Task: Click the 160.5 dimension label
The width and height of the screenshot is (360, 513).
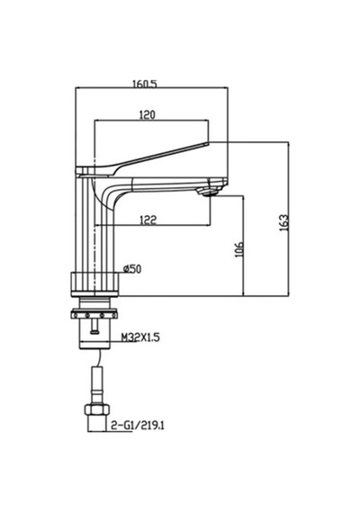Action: click(145, 84)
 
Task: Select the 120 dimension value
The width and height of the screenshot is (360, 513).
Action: click(148, 115)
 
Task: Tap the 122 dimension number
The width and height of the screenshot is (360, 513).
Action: click(148, 220)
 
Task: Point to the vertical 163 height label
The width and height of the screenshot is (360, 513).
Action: click(284, 222)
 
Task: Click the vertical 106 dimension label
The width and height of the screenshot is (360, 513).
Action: click(239, 249)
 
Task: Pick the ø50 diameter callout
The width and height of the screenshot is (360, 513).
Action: click(132, 269)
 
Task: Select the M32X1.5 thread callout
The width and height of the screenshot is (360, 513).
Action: click(140, 337)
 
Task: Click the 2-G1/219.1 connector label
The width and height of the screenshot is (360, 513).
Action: click(138, 426)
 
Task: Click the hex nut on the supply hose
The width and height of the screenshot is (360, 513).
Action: click(96, 409)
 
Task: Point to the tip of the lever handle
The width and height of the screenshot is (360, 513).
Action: click(208, 142)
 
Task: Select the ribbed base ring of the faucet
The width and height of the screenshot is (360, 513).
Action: click(94, 284)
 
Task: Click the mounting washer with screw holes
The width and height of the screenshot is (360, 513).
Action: click(94, 315)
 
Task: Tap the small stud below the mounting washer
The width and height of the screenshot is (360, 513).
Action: click(94, 328)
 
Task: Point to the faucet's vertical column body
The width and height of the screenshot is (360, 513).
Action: click(94, 226)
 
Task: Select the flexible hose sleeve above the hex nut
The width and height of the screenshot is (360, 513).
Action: click(96, 386)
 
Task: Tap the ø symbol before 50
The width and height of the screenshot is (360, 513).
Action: click(126, 269)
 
